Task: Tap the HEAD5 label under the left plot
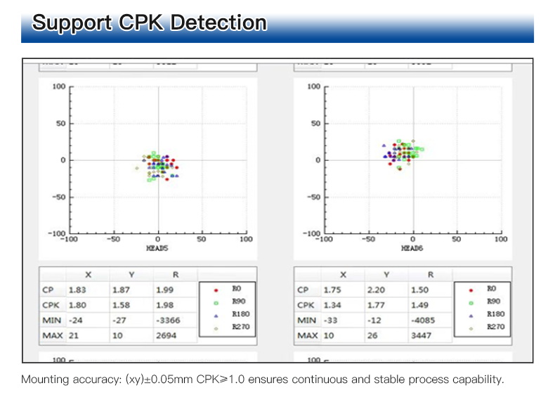point(157,248)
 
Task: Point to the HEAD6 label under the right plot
point(412,248)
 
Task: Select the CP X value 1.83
point(77,290)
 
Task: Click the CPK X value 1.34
point(332,304)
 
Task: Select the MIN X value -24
point(75,320)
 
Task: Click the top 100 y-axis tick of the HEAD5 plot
point(58,86)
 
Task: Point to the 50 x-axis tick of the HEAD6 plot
point(457,240)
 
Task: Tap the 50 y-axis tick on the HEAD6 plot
point(315,124)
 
